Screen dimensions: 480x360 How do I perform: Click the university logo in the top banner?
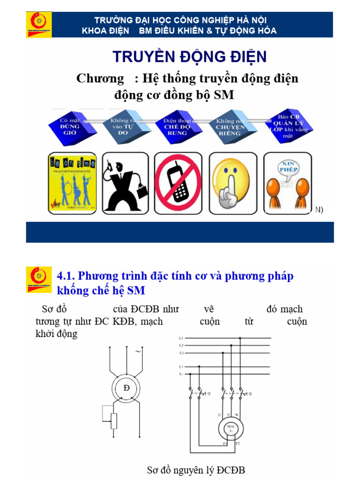point(39,24)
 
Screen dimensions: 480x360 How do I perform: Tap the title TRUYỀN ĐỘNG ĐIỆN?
point(189,57)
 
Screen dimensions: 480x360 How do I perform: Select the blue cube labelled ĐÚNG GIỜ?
point(70,124)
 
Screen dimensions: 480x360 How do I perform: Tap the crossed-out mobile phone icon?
point(178,182)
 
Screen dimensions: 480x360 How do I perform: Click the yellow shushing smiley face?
point(231,182)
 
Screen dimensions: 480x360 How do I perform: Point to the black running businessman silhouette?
point(124,182)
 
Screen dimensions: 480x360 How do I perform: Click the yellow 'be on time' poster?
point(72,182)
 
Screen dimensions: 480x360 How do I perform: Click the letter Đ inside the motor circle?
point(126,389)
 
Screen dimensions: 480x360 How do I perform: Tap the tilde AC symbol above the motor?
point(138,351)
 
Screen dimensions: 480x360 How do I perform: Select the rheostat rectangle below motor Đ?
point(113,421)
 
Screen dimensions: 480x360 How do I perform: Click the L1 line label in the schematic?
point(181,338)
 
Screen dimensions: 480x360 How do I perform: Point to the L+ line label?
point(181,366)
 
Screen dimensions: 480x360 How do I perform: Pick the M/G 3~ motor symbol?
point(230,428)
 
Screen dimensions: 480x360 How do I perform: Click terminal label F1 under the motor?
point(225,443)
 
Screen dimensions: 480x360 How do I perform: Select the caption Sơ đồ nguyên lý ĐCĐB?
point(195,470)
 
